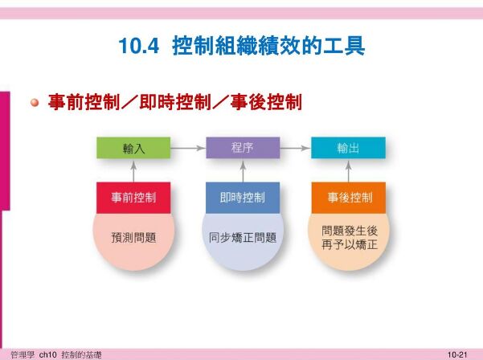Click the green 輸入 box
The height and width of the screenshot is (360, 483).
[x=133, y=148]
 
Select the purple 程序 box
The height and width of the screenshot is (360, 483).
[x=243, y=148]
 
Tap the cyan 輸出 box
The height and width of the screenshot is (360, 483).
[x=348, y=148]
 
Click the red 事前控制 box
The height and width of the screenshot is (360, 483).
[x=133, y=198]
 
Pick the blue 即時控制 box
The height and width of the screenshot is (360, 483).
[x=243, y=198]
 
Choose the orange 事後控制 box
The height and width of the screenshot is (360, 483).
[x=349, y=198]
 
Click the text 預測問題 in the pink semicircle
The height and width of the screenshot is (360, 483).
[x=133, y=238]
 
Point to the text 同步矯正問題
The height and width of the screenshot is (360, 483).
[x=243, y=238]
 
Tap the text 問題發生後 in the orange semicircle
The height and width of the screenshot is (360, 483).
[x=350, y=231]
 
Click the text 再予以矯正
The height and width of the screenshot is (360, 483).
[x=350, y=245]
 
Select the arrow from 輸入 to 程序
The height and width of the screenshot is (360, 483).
[x=188, y=148]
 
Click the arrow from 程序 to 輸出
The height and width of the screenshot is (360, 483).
[x=295, y=148]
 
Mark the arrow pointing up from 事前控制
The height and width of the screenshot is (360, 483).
[x=133, y=171]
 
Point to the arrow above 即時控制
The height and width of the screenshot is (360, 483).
[x=243, y=171]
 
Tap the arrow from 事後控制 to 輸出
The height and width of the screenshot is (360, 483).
[x=349, y=171]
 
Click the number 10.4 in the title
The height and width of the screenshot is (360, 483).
[x=139, y=46]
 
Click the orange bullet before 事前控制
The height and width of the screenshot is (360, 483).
[x=35, y=102]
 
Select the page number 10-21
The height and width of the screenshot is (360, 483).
[x=457, y=354]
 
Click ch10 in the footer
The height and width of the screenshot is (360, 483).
[x=47, y=354]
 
